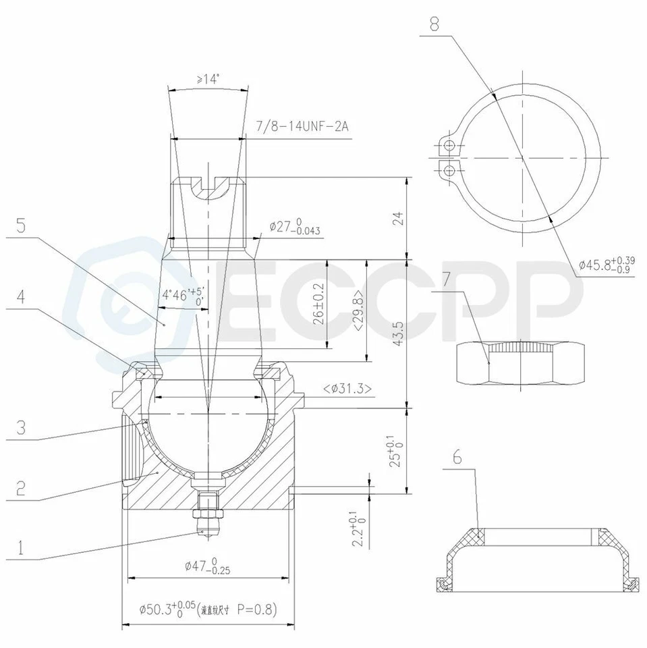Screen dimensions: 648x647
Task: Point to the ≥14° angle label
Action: (x=208, y=79)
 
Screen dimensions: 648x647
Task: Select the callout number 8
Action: (x=433, y=25)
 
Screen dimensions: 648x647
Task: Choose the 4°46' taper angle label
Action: (x=182, y=296)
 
